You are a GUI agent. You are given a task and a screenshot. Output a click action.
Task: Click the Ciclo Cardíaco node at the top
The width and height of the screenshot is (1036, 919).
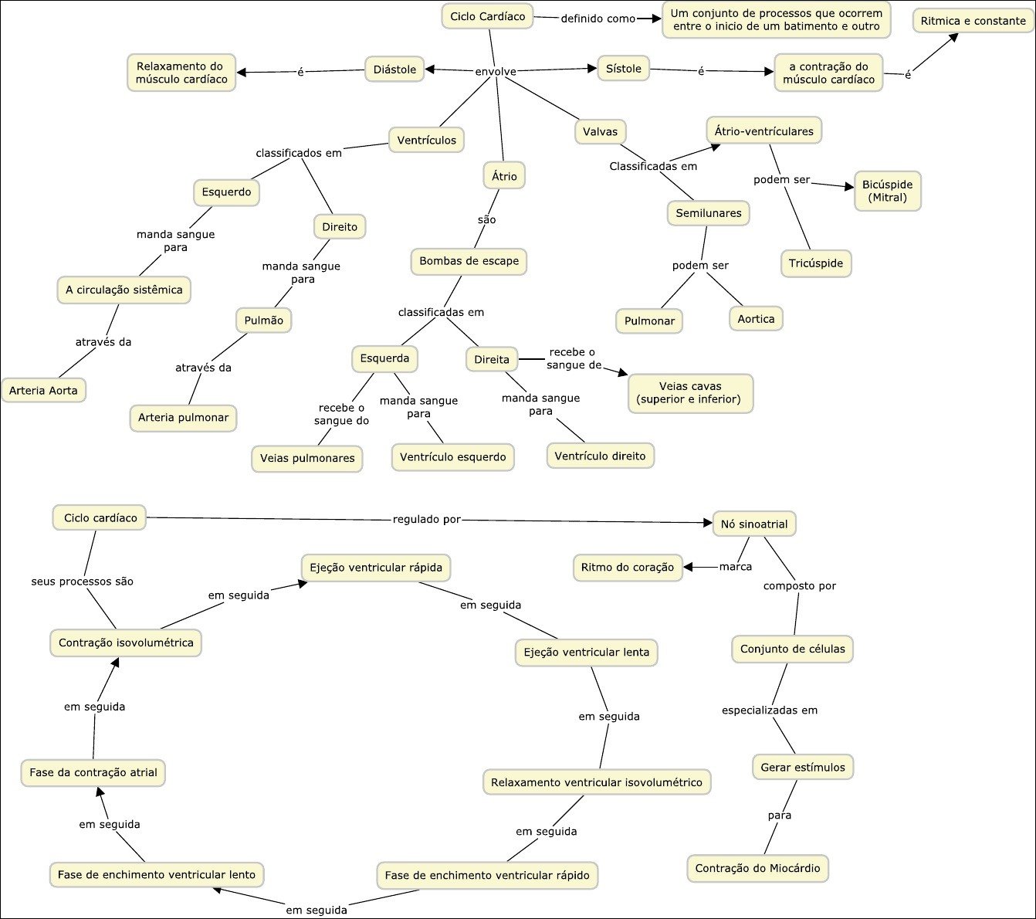point(487,16)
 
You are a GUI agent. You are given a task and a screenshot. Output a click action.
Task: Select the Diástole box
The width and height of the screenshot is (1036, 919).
point(394,70)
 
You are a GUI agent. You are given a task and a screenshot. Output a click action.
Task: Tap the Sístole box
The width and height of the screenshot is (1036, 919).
point(623,69)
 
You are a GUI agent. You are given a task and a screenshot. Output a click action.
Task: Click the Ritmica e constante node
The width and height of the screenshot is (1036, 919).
point(973,21)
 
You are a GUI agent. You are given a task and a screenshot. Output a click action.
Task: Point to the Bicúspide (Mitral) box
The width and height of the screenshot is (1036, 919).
point(887,191)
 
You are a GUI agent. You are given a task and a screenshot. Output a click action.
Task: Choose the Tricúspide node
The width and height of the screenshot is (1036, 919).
point(815,263)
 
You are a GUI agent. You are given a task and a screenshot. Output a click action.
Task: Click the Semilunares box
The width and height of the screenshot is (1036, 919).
point(708,213)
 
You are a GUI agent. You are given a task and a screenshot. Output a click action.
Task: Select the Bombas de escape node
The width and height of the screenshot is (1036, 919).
point(469,261)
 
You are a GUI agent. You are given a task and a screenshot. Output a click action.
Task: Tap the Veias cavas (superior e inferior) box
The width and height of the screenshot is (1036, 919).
point(689,393)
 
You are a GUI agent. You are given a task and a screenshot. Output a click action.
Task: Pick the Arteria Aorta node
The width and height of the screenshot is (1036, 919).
point(43,391)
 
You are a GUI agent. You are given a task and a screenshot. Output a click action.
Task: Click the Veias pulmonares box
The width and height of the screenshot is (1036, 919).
point(306,459)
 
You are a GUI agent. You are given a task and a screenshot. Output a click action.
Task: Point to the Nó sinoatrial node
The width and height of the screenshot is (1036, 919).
point(753,524)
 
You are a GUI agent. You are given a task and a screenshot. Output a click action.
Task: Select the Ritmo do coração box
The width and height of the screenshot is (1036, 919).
point(627,568)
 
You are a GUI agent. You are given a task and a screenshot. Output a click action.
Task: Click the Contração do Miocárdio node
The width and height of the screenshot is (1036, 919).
point(757,869)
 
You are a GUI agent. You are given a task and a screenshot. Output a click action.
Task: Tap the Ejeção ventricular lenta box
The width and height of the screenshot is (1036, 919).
point(586,653)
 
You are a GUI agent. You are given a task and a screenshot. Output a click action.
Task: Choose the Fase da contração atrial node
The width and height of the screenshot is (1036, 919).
point(93,772)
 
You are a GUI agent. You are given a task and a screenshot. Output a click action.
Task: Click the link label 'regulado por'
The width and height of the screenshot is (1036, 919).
point(426,520)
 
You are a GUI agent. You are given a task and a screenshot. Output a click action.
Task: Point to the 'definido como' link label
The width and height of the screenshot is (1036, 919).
point(598,19)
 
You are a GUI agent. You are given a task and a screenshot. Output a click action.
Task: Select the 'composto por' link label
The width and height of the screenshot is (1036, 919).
point(799,586)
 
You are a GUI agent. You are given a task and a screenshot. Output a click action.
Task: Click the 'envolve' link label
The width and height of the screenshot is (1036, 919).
point(495,72)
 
